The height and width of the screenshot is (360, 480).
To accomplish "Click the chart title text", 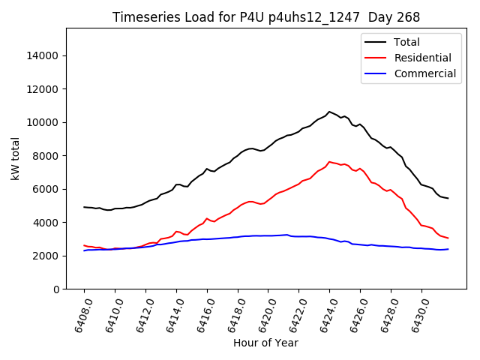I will [x=266, y=17].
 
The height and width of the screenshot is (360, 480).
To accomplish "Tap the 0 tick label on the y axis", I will [x=57, y=289].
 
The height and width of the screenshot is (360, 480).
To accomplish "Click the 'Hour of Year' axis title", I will [x=265, y=343].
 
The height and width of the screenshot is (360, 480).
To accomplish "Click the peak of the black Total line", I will [x=328, y=112].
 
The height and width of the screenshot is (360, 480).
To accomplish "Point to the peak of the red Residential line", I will [x=329, y=161].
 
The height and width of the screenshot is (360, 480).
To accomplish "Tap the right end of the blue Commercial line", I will [x=448, y=249].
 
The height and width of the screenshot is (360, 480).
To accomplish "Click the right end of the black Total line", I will [x=448, y=198].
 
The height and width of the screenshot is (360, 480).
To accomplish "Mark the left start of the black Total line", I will [x=84, y=207].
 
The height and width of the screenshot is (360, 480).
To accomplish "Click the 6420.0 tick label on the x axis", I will [x=264, y=314].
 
